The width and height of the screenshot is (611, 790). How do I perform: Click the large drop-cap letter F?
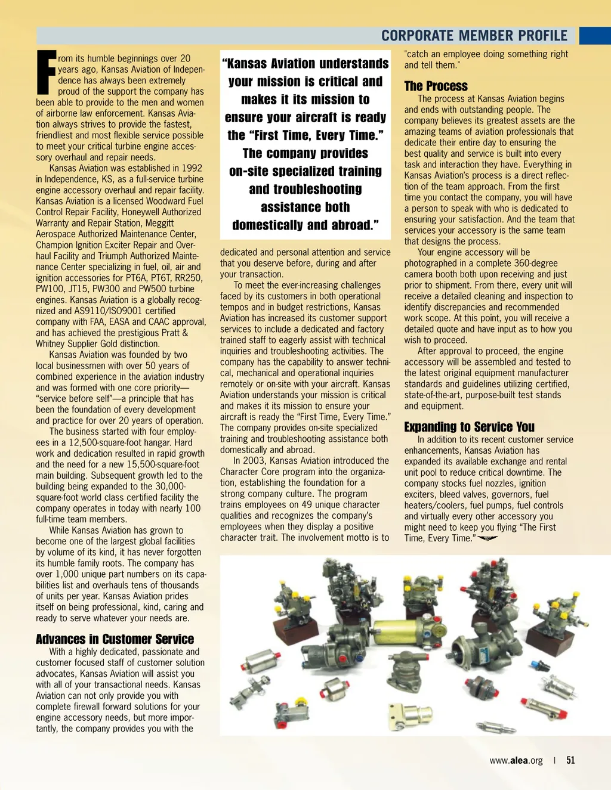(46, 73)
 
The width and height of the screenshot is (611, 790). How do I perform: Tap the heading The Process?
(436, 86)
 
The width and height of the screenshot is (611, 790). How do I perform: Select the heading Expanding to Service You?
(469, 427)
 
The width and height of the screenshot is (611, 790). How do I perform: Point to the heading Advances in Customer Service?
(115, 639)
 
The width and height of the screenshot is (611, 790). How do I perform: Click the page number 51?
(570, 760)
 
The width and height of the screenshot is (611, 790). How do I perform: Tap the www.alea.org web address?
(516, 760)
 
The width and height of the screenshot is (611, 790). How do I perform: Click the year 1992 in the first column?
(192, 168)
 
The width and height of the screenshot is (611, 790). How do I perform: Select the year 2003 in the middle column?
(258, 461)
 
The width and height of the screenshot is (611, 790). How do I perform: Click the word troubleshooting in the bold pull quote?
(305, 190)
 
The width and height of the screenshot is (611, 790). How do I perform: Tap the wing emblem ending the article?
(487, 538)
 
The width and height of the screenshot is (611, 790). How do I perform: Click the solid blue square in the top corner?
(595, 35)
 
